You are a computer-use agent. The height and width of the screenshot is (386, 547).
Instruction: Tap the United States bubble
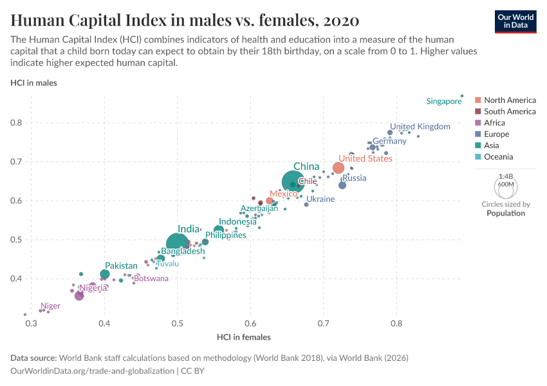point(338,169)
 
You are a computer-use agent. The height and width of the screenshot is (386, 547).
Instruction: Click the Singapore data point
point(462,96)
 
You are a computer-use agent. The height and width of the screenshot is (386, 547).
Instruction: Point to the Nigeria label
point(93,288)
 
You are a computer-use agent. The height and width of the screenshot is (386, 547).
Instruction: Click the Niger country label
point(50,306)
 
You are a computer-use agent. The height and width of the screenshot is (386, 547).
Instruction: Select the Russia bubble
point(342,185)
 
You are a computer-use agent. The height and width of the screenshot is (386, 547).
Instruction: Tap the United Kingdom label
point(420,127)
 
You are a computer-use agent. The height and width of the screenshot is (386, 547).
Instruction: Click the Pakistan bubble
point(105,275)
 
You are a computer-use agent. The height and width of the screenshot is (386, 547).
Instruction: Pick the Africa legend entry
point(494,123)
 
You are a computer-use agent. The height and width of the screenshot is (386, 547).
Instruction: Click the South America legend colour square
point(477,111)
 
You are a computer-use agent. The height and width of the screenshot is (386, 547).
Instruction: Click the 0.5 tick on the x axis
point(178,323)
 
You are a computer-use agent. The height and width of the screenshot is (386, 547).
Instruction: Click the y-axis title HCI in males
point(33,82)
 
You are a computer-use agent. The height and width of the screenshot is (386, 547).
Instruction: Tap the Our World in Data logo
point(515,21)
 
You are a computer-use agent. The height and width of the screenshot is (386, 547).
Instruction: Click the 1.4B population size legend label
point(506,176)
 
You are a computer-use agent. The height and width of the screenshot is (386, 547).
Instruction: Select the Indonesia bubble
point(219,230)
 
